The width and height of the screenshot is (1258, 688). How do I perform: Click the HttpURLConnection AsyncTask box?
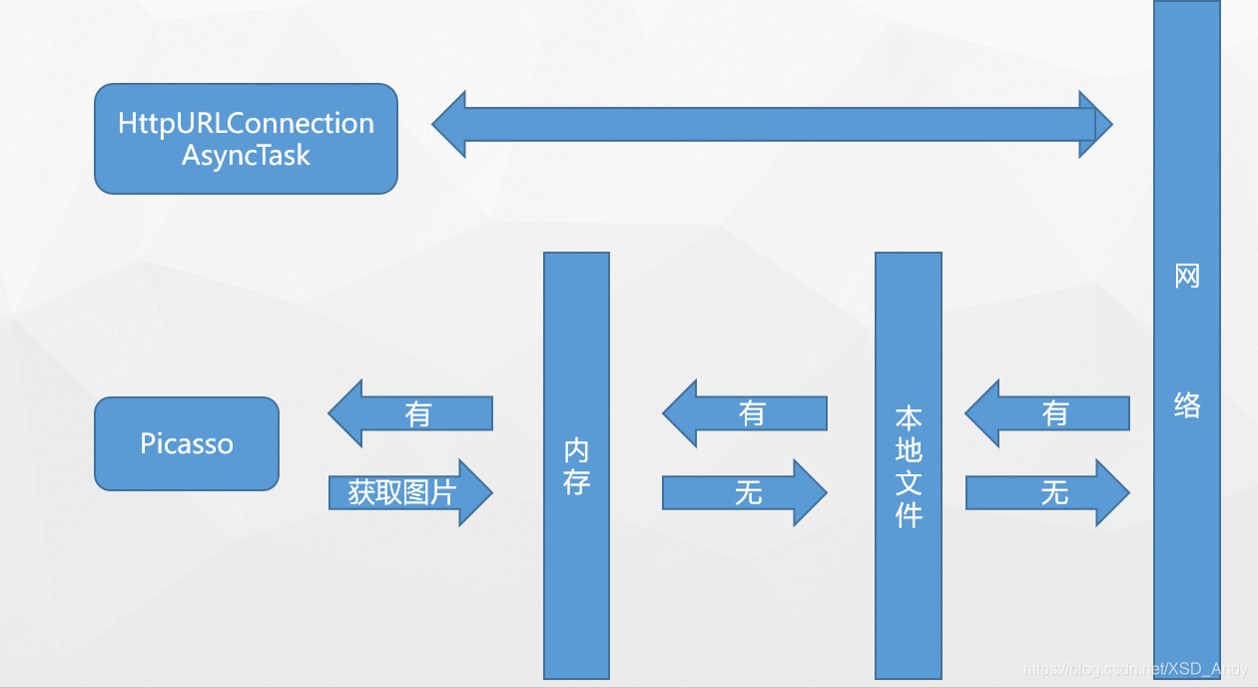[246, 139]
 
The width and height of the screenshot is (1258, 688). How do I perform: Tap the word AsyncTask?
[246, 156]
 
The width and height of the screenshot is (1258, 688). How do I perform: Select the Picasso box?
[187, 443]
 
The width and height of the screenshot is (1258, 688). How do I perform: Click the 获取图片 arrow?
[409, 492]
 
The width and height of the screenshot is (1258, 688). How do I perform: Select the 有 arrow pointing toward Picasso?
[411, 413]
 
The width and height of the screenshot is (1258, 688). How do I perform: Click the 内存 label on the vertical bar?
[576, 465]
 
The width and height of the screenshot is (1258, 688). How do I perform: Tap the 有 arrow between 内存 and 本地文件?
[746, 413]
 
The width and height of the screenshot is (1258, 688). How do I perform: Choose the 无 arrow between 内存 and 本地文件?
[745, 492]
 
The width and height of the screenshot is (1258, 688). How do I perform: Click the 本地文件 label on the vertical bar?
[909, 466]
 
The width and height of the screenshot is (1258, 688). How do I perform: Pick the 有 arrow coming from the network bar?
[1047, 413]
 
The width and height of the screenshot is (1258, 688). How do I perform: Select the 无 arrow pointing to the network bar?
[1047, 492]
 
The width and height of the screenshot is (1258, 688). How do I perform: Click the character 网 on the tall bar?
[1187, 276]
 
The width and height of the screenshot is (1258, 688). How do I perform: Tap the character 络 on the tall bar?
[1187, 404]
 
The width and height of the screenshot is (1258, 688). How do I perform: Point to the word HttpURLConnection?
[246, 124]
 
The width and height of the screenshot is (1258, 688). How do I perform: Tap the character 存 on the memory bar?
[576, 482]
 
